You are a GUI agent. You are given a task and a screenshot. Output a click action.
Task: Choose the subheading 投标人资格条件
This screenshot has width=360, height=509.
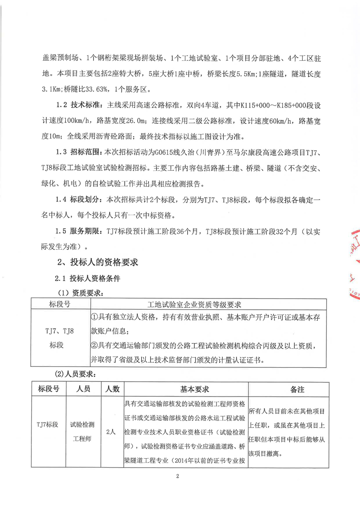[x=94, y=278]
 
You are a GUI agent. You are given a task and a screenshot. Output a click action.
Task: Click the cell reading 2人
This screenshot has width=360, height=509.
[x=110, y=432]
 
